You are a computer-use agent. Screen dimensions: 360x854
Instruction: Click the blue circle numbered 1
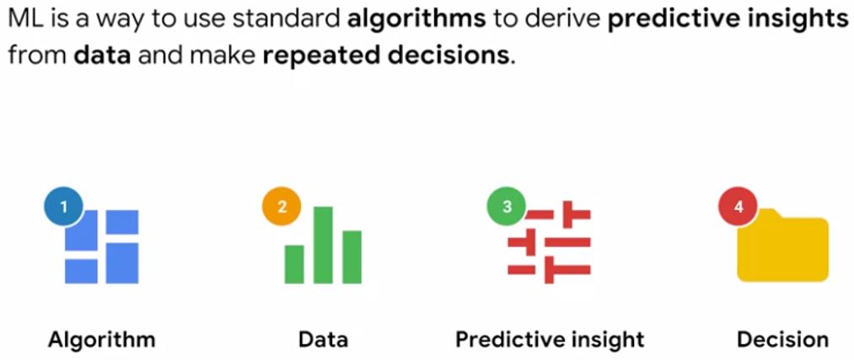coord(64,205)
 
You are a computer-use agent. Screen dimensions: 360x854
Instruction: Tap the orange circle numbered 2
coord(282,207)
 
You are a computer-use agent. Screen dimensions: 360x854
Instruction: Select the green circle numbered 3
coord(507,207)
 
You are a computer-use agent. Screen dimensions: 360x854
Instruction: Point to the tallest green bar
coord(323,244)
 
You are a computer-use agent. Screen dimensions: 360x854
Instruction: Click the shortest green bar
coord(294,264)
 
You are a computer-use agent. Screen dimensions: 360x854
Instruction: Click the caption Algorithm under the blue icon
coord(101,340)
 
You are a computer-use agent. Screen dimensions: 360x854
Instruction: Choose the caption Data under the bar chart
coord(323,340)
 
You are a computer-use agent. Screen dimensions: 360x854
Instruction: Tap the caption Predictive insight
coord(550,340)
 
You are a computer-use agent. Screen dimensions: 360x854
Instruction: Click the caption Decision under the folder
coord(782,340)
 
